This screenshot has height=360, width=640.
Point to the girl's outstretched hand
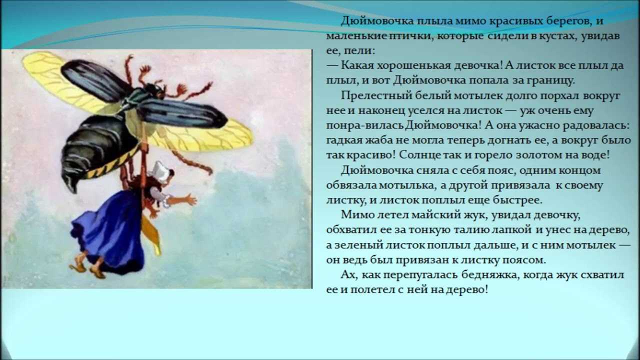pos(188,199)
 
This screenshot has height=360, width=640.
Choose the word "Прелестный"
pos(376,95)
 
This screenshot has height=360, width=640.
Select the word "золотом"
pos(537,155)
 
